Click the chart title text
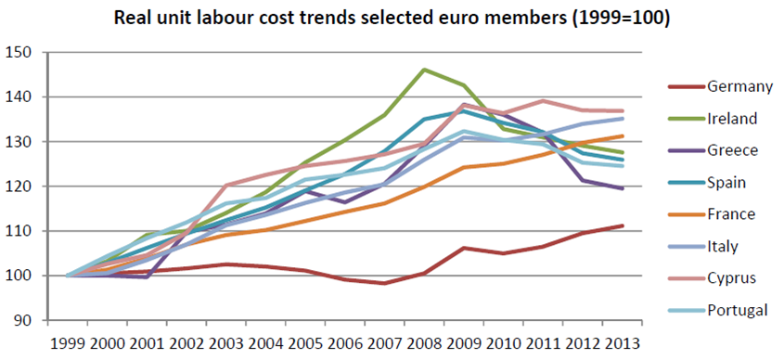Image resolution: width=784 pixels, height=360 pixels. (x=392, y=17)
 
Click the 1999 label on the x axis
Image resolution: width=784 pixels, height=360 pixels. (x=68, y=341)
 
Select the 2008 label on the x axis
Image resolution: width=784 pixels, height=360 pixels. (x=424, y=341)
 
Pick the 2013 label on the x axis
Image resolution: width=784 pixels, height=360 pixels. (x=622, y=341)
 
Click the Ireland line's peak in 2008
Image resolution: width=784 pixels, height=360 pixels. (x=424, y=70)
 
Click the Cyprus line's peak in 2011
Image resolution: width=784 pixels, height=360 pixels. (x=543, y=100)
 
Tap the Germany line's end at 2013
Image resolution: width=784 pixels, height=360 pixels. (x=622, y=225)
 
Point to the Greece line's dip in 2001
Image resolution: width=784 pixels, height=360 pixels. (x=147, y=276)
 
